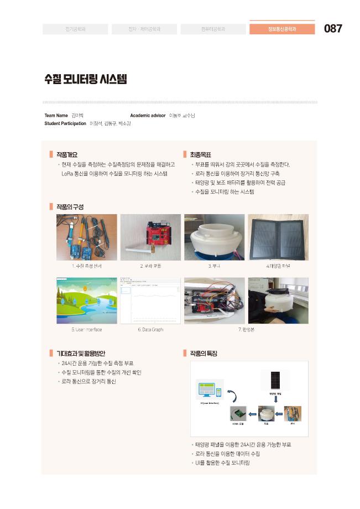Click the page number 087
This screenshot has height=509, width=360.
[333, 29]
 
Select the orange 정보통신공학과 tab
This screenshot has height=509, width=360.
[282, 29]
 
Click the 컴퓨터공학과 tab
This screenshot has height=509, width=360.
[213, 29]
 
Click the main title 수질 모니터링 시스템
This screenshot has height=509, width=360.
[86, 79]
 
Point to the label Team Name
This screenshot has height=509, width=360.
[56, 116]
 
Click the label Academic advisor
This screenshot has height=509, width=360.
[148, 116]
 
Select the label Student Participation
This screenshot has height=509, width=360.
[65, 123]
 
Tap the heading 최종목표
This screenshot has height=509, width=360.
[200, 155]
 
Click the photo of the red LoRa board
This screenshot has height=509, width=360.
[150, 237]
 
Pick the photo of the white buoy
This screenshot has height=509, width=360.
[214, 237]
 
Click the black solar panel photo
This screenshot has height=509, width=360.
[278, 237]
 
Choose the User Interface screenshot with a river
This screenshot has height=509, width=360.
[87, 300]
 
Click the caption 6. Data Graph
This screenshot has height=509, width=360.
[150, 329]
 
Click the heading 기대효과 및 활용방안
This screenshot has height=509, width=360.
[81, 353]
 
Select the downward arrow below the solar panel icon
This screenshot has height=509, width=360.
[276, 398]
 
